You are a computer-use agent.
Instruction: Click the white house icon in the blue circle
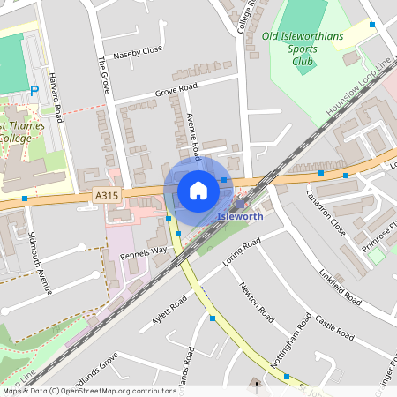coord(198,191)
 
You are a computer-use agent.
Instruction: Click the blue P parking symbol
coord(34,90)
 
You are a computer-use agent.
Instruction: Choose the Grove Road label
coord(176,90)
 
